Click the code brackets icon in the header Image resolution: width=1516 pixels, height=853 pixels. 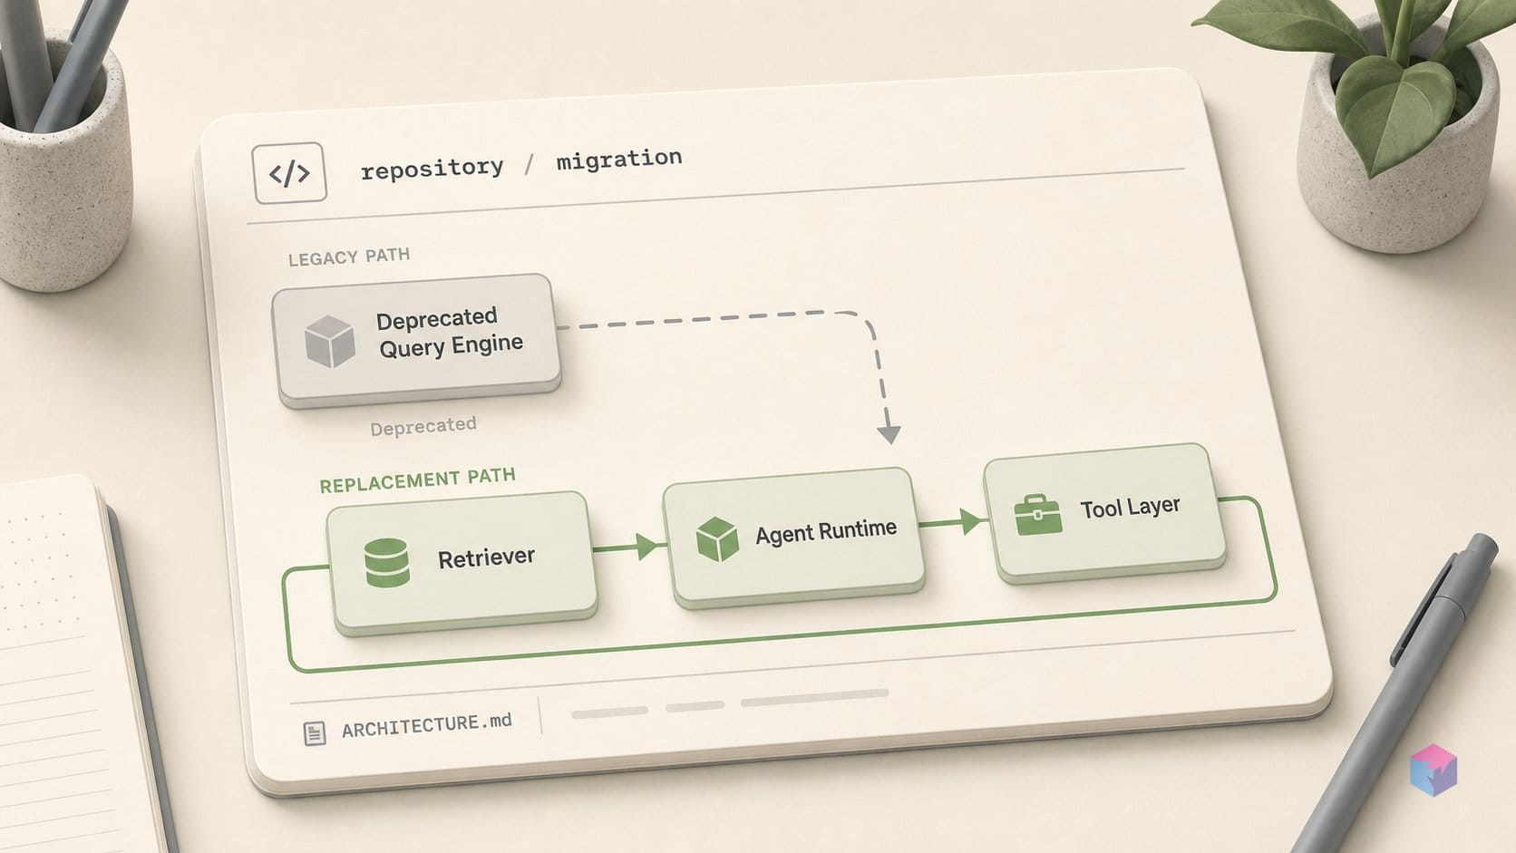[289, 173]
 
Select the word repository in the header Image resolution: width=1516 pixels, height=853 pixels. [432, 168]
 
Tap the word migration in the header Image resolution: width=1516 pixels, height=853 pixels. [619, 159]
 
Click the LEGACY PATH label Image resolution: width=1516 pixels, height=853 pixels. [349, 257]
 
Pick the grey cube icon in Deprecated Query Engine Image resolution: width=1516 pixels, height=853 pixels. [330, 342]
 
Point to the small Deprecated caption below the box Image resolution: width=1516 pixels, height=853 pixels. [423, 426]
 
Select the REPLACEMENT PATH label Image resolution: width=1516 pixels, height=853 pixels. [418, 480]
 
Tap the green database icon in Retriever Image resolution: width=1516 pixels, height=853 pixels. [387, 562]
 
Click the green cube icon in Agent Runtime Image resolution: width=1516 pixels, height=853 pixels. [717, 539]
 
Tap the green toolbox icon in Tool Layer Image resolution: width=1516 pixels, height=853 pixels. [1038, 515]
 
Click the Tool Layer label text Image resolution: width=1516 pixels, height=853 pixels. [1131, 508]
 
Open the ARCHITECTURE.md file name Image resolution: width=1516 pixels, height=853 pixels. [427, 726]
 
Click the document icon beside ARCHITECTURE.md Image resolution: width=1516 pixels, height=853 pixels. [315, 733]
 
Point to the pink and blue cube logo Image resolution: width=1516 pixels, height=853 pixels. [1433, 770]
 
